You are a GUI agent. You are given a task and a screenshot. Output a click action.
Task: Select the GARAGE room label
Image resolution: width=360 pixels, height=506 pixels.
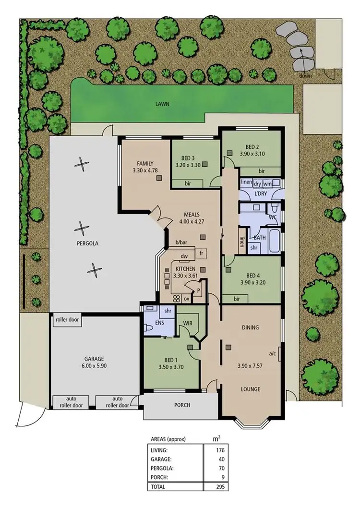(x=94, y=359)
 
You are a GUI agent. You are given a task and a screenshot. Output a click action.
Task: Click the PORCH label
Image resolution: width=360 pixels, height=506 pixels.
(x=181, y=405)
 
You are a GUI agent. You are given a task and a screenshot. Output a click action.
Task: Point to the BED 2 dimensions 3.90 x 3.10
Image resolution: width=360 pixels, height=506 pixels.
(x=252, y=154)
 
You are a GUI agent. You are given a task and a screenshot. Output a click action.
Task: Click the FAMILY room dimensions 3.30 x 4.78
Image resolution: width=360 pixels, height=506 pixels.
(x=144, y=169)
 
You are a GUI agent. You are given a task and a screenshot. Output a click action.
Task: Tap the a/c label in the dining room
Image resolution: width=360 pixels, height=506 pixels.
(x=273, y=354)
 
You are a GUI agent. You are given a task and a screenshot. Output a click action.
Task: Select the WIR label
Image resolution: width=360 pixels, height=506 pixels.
(x=188, y=324)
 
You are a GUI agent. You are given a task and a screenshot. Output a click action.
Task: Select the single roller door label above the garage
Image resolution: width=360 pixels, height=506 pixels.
(x=67, y=320)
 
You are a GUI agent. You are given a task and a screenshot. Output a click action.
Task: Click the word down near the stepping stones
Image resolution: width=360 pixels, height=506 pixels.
(x=305, y=76)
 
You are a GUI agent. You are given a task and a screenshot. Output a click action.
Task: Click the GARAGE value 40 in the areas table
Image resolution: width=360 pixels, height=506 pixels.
(x=222, y=459)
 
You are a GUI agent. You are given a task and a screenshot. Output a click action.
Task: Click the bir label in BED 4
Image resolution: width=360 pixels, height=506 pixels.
(x=237, y=299)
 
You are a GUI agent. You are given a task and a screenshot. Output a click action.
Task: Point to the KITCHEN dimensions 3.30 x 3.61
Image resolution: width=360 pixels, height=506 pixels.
(x=185, y=276)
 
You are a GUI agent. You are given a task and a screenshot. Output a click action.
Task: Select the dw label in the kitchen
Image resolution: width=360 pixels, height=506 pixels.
(x=184, y=256)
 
